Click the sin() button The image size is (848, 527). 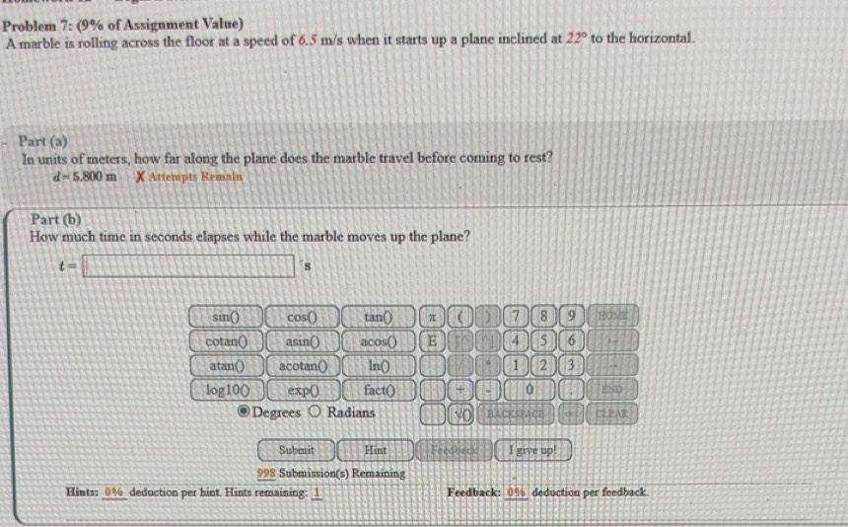tap(226, 317)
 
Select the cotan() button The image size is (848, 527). tap(226, 340)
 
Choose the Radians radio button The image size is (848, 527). tap(317, 412)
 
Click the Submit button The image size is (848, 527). tap(296, 450)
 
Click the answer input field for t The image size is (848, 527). tap(188, 266)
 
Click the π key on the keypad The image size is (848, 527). tap(431, 317)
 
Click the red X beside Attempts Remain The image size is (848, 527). tap(141, 177)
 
